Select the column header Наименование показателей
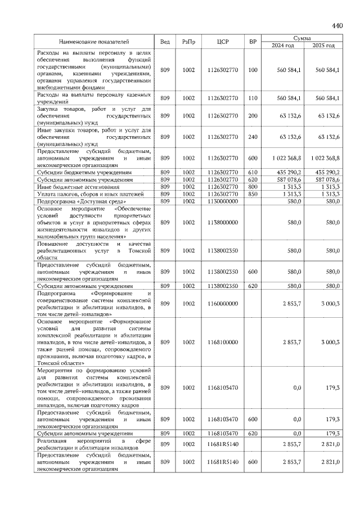(x=94, y=42)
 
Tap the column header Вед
(x=165, y=42)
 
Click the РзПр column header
(x=188, y=42)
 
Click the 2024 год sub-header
(x=283, y=46)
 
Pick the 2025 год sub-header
(x=323, y=46)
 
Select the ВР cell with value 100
(x=253, y=70)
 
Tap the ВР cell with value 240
(x=253, y=137)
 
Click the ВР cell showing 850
(x=253, y=193)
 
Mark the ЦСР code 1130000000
(x=222, y=201)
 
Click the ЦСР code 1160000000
(x=222, y=304)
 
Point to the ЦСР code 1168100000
(x=222, y=341)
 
